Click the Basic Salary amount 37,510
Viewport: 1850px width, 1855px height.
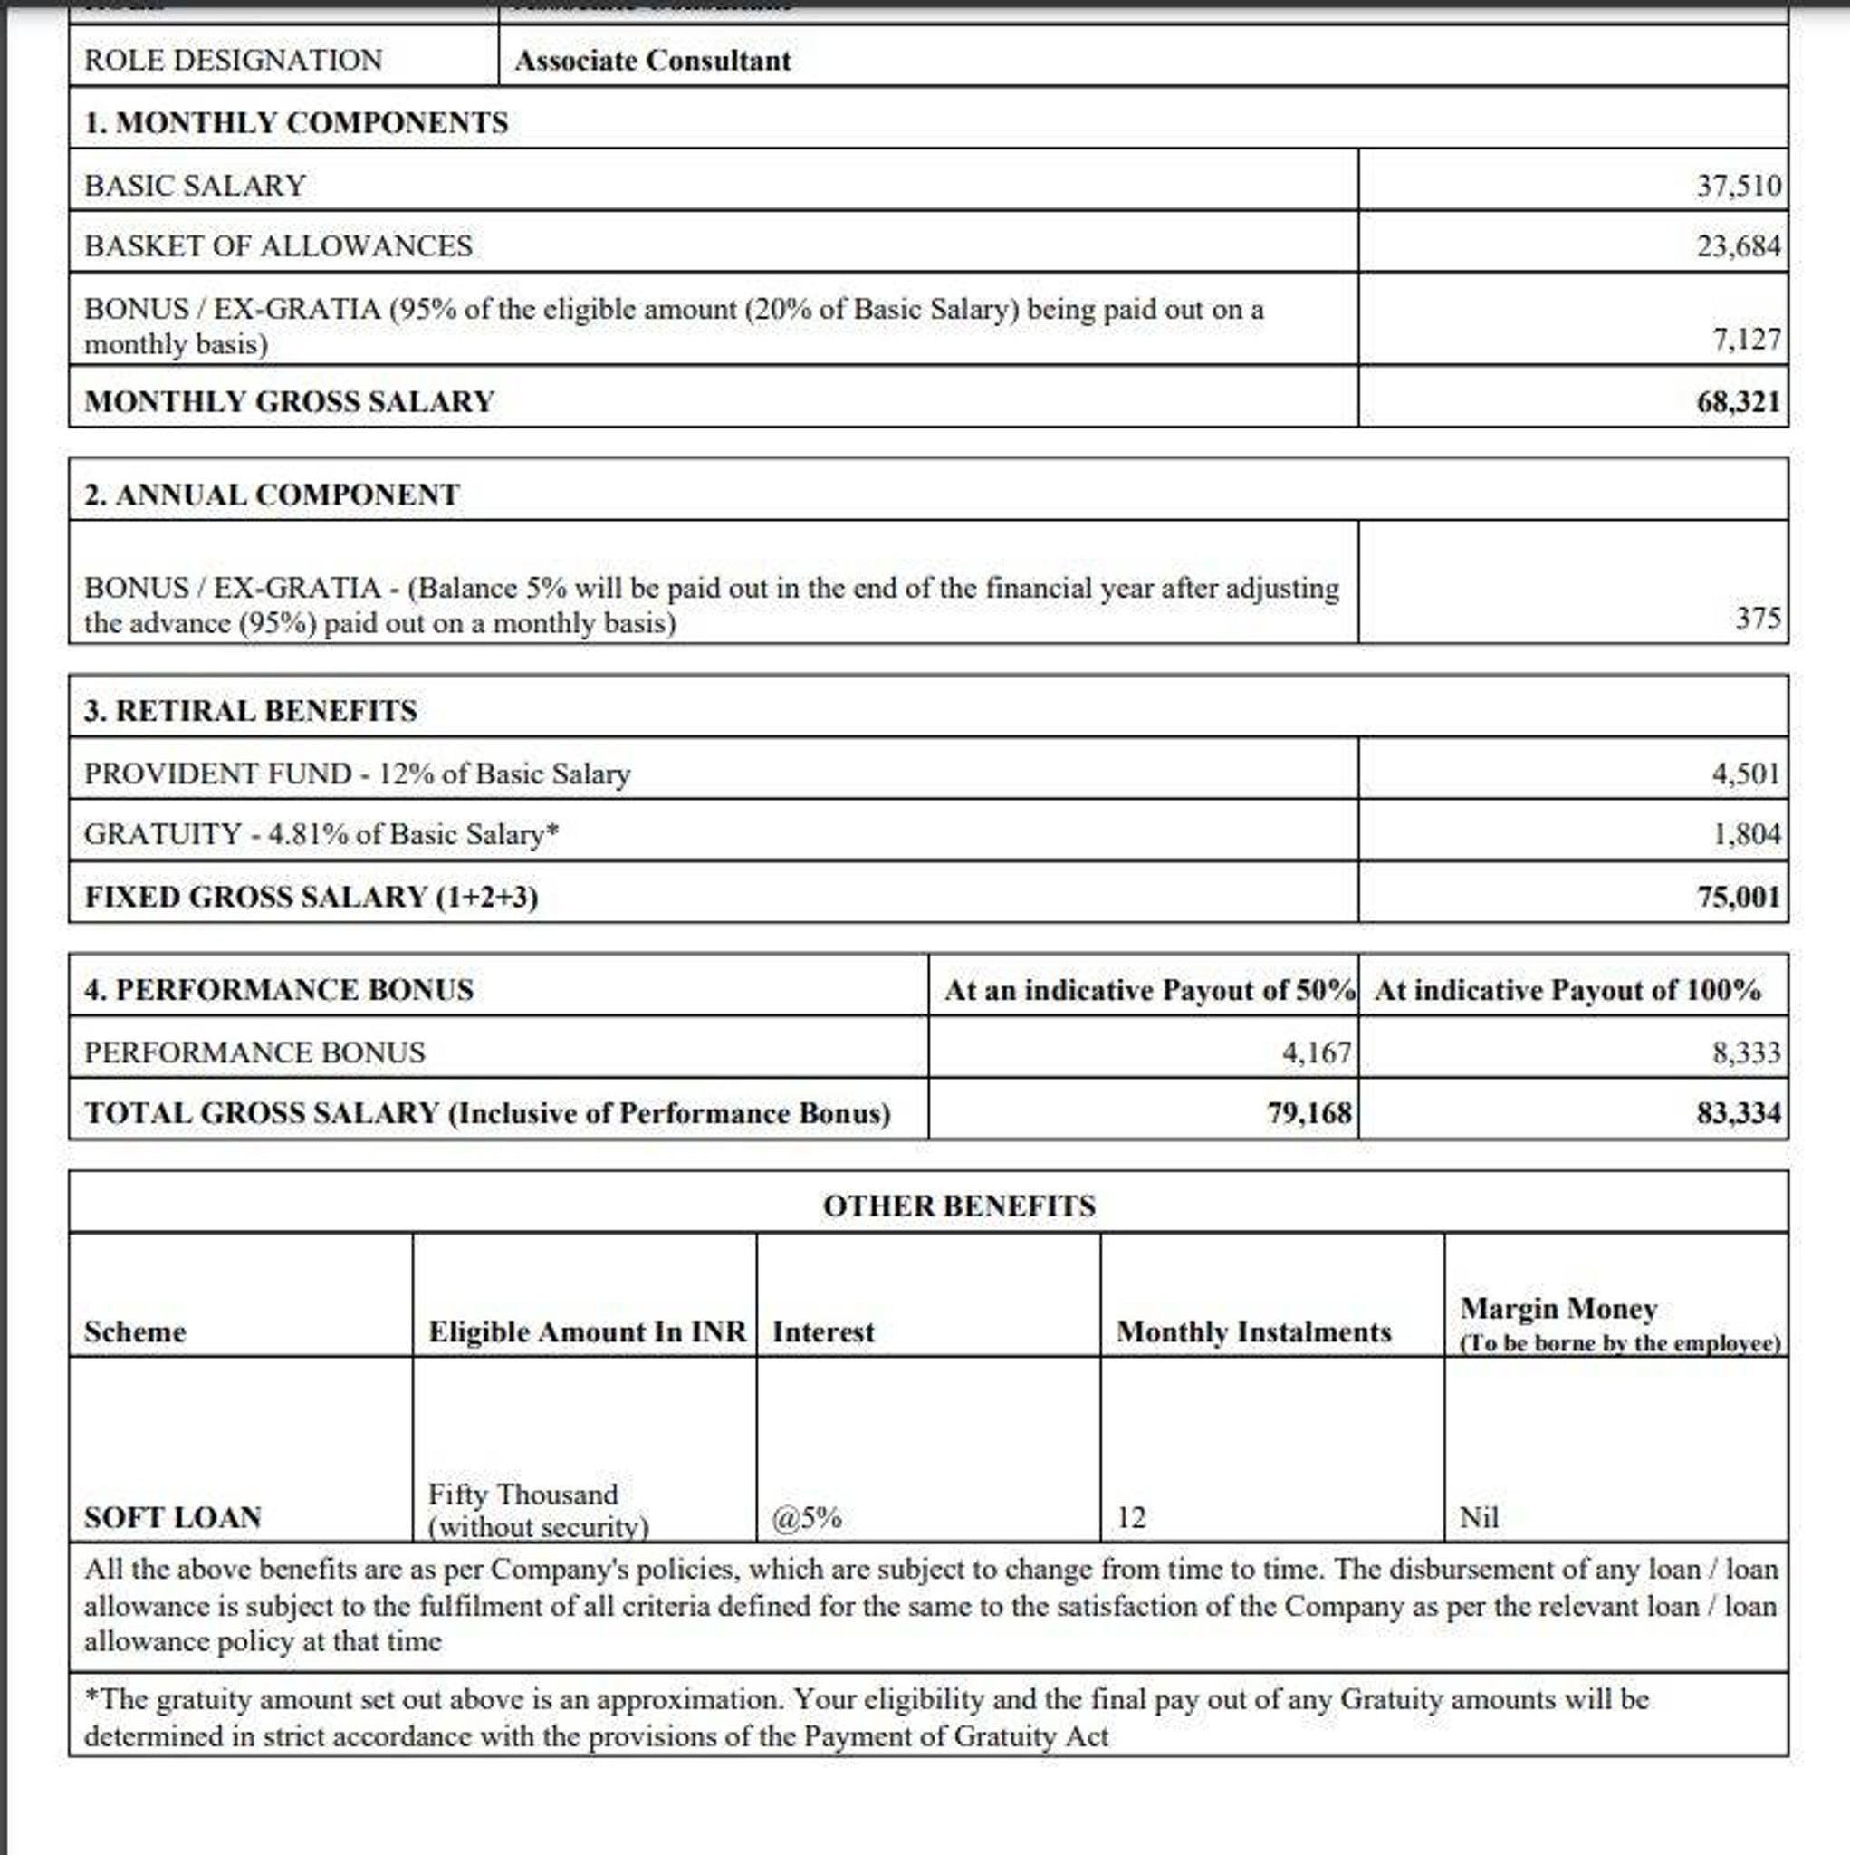pos(1738,185)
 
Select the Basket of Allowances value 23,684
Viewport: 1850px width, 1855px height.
pos(1738,245)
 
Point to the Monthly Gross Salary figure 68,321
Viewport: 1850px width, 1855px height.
pos(1738,400)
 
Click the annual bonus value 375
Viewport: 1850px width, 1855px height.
pos(1758,618)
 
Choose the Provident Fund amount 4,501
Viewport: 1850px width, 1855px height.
pos(1745,773)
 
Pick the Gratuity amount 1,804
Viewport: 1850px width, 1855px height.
pos(1746,833)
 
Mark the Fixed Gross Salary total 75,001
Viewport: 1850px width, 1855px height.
pos(1738,896)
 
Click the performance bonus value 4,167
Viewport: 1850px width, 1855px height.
pos(1317,1052)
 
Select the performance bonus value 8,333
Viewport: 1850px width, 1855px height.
pos(1746,1052)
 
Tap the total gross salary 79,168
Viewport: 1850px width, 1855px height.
pos(1308,1113)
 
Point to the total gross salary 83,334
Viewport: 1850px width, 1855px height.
pos(1738,1113)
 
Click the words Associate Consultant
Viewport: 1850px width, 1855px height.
pos(653,60)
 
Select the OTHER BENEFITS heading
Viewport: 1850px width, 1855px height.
pos(958,1205)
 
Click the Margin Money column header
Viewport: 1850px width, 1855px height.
pos(1558,1309)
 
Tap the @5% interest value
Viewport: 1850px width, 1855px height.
pos(807,1517)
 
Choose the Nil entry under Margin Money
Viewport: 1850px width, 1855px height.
pos(1479,1517)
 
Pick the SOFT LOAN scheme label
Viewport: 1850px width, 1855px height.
pos(173,1517)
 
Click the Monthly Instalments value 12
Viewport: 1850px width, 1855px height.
pos(1131,1517)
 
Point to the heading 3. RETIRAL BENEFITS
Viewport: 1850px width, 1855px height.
pos(251,710)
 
